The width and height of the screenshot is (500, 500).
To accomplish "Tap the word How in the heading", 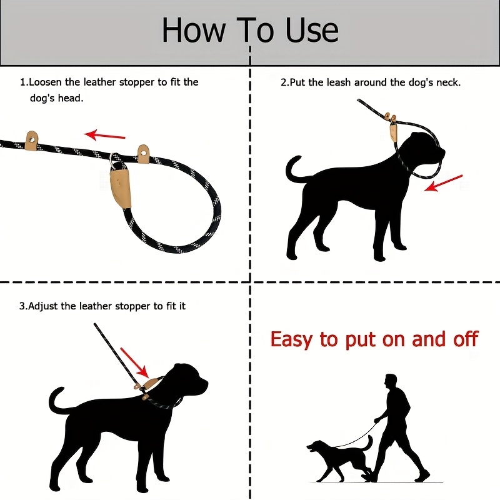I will pos(190,31).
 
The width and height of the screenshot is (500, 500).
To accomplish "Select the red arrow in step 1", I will pos(105,134).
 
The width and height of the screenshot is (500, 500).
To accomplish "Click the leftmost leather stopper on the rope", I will pos(31,137).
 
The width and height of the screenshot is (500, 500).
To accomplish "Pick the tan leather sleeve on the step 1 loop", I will pos(118,182).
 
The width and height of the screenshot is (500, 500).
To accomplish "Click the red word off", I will pos(464,339).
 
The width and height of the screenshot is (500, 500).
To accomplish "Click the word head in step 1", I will pos(71,98).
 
